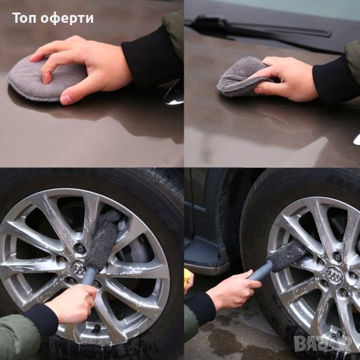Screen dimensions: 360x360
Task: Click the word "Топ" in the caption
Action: pos(25,18)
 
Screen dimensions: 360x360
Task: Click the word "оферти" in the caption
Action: pos(67,18)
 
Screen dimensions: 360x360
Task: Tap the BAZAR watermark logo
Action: pos(323,343)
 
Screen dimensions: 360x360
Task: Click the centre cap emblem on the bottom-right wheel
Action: pos(334,275)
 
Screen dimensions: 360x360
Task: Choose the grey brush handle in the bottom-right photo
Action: pos(260,271)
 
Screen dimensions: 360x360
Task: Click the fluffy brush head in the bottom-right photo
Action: pos(287,256)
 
